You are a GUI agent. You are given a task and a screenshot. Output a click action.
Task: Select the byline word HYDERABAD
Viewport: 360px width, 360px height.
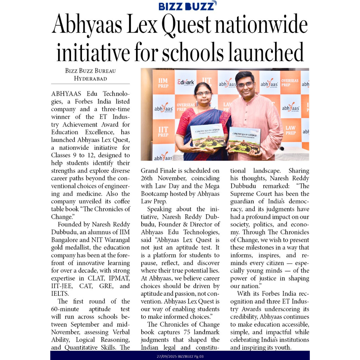[90, 79]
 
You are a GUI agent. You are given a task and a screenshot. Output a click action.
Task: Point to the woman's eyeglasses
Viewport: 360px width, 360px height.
[203, 93]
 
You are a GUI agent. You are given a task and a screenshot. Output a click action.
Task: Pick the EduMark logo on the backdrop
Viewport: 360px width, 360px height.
[185, 82]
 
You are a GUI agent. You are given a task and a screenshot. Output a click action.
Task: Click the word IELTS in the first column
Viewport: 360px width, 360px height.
[60, 294]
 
